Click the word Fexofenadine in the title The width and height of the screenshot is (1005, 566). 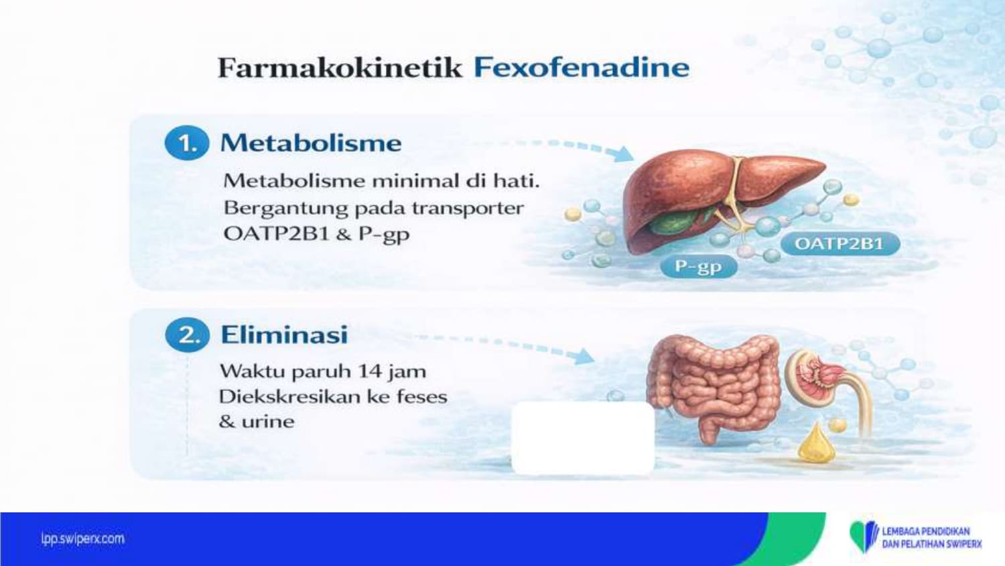click(582, 68)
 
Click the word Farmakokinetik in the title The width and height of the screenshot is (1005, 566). click(340, 68)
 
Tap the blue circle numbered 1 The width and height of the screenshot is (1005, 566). click(187, 143)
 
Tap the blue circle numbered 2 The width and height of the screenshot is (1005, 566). click(187, 335)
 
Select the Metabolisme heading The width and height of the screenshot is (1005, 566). click(311, 143)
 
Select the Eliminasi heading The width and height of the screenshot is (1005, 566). click(285, 335)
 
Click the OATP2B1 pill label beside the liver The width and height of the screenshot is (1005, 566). click(840, 244)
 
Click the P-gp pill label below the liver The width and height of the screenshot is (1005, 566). click(699, 267)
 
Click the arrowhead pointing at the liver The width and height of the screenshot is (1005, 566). click(624, 154)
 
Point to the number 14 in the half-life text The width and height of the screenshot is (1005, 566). click(369, 372)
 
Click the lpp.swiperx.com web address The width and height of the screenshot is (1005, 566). click(82, 539)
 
